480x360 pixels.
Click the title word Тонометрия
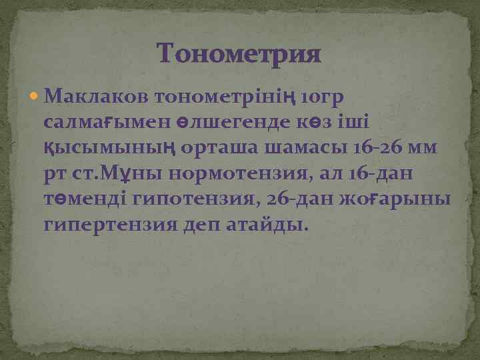pyautogui.click(x=239, y=54)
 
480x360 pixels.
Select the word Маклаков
pyautogui.click(x=96, y=97)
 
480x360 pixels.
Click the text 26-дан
pyautogui.click(x=316, y=199)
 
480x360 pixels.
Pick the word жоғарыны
pyautogui.click(x=406, y=200)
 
